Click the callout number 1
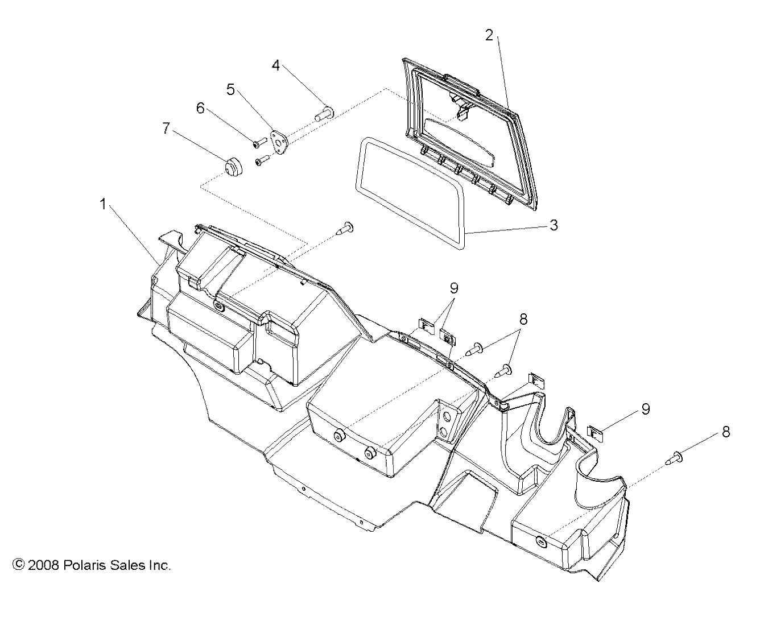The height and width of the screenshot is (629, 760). click(x=103, y=204)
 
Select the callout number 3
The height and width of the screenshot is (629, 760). click(x=554, y=225)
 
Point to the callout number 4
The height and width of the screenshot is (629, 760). click(x=276, y=65)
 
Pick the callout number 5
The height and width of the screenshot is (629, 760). click(x=230, y=89)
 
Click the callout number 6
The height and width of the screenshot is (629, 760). click(x=201, y=107)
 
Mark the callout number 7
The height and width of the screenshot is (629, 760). click(x=166, y=128)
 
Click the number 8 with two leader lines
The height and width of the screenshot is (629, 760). click(x=523, y=319)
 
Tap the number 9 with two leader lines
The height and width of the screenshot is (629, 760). click(x=453, y=288)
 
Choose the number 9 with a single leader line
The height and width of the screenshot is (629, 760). click(x=645, y=408)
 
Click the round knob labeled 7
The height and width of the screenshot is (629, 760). click(x=232, y=168)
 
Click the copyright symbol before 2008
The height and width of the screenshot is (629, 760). click(x=19, y=565)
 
